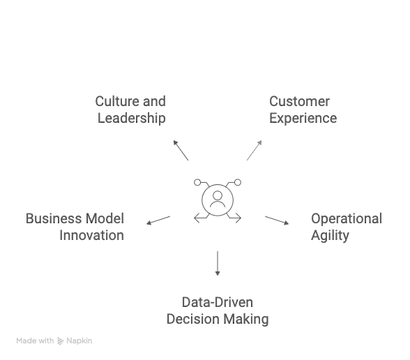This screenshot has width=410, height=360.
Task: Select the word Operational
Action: [346, 219]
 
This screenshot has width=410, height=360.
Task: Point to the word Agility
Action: [328, 235]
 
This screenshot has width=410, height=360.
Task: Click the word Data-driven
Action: [218, 302]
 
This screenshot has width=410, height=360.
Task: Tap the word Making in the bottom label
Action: [248, 319]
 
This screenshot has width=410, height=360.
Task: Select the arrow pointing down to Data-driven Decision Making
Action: [218, 266]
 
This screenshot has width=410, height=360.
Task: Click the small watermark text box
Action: [56, 340]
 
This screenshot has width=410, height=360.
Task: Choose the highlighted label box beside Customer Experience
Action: [132, 109]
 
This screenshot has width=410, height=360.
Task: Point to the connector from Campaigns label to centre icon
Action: [150, 222]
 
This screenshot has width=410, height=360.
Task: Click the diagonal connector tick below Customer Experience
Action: [254, 150]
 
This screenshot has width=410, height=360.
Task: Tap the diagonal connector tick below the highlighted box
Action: [181, 150]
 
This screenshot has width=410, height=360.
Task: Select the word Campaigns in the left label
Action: [91, 234]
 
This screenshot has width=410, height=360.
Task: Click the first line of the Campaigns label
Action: [75, 218]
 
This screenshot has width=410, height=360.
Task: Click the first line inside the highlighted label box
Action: [132, 102]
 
